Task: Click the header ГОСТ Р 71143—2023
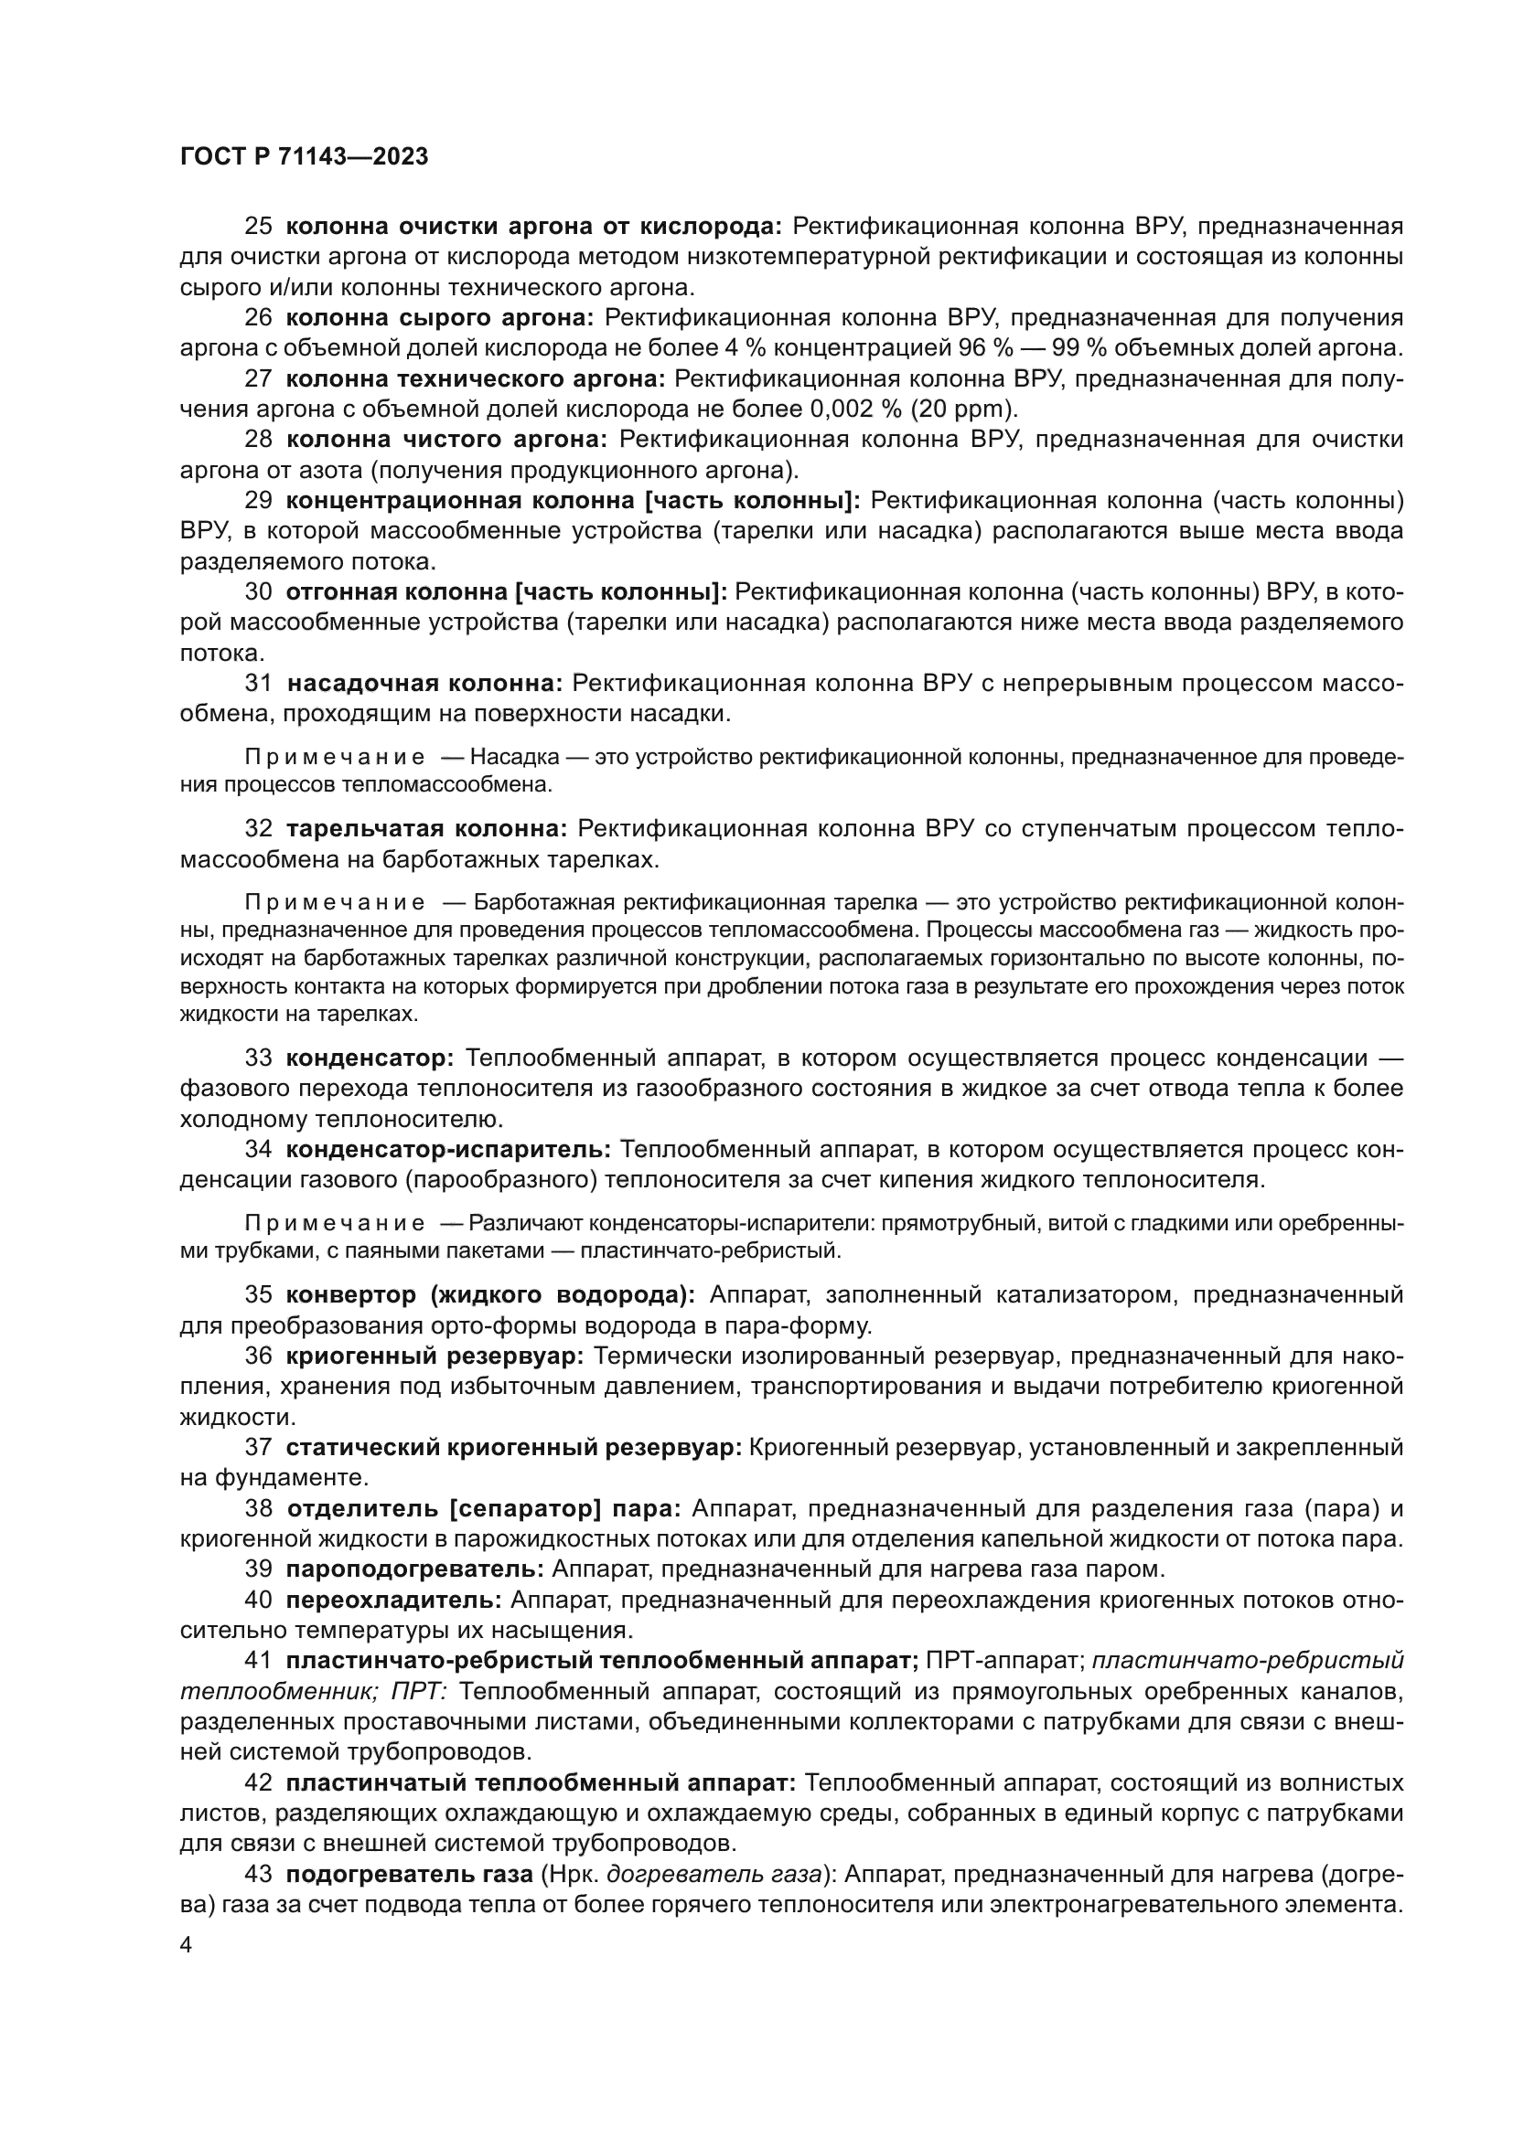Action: click(x=304, y=156)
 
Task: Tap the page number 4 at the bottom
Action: click(x=186, y=1945)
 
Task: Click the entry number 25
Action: click(x=258, y=227)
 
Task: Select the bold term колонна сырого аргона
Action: click(x=439, y=317)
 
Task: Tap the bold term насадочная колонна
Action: click(x=424, y=684)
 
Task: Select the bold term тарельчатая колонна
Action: click(x=425, y=829)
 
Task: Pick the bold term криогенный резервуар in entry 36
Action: click(x=435, y=1356)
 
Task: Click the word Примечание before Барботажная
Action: click(x=335, y=902)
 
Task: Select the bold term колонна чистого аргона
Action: click(x=446, y=439)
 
